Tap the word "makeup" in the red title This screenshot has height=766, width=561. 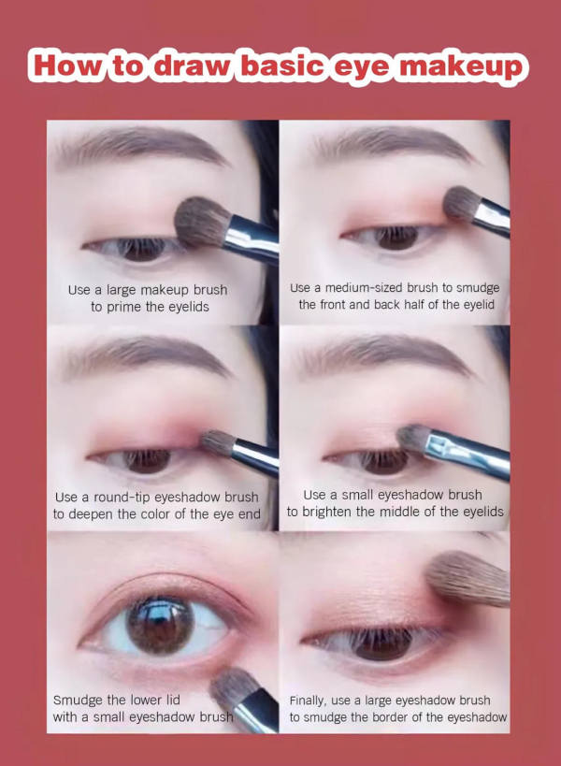[461, 68]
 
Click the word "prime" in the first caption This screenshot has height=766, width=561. [124, 308]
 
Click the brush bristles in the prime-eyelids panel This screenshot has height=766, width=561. [200, 222]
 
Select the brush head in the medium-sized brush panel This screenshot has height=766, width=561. [462, 202]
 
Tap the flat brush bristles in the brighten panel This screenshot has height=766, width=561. [412, 437]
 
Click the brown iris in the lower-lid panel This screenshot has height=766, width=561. [161, 626]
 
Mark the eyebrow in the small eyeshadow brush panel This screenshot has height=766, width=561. [385, 354]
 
